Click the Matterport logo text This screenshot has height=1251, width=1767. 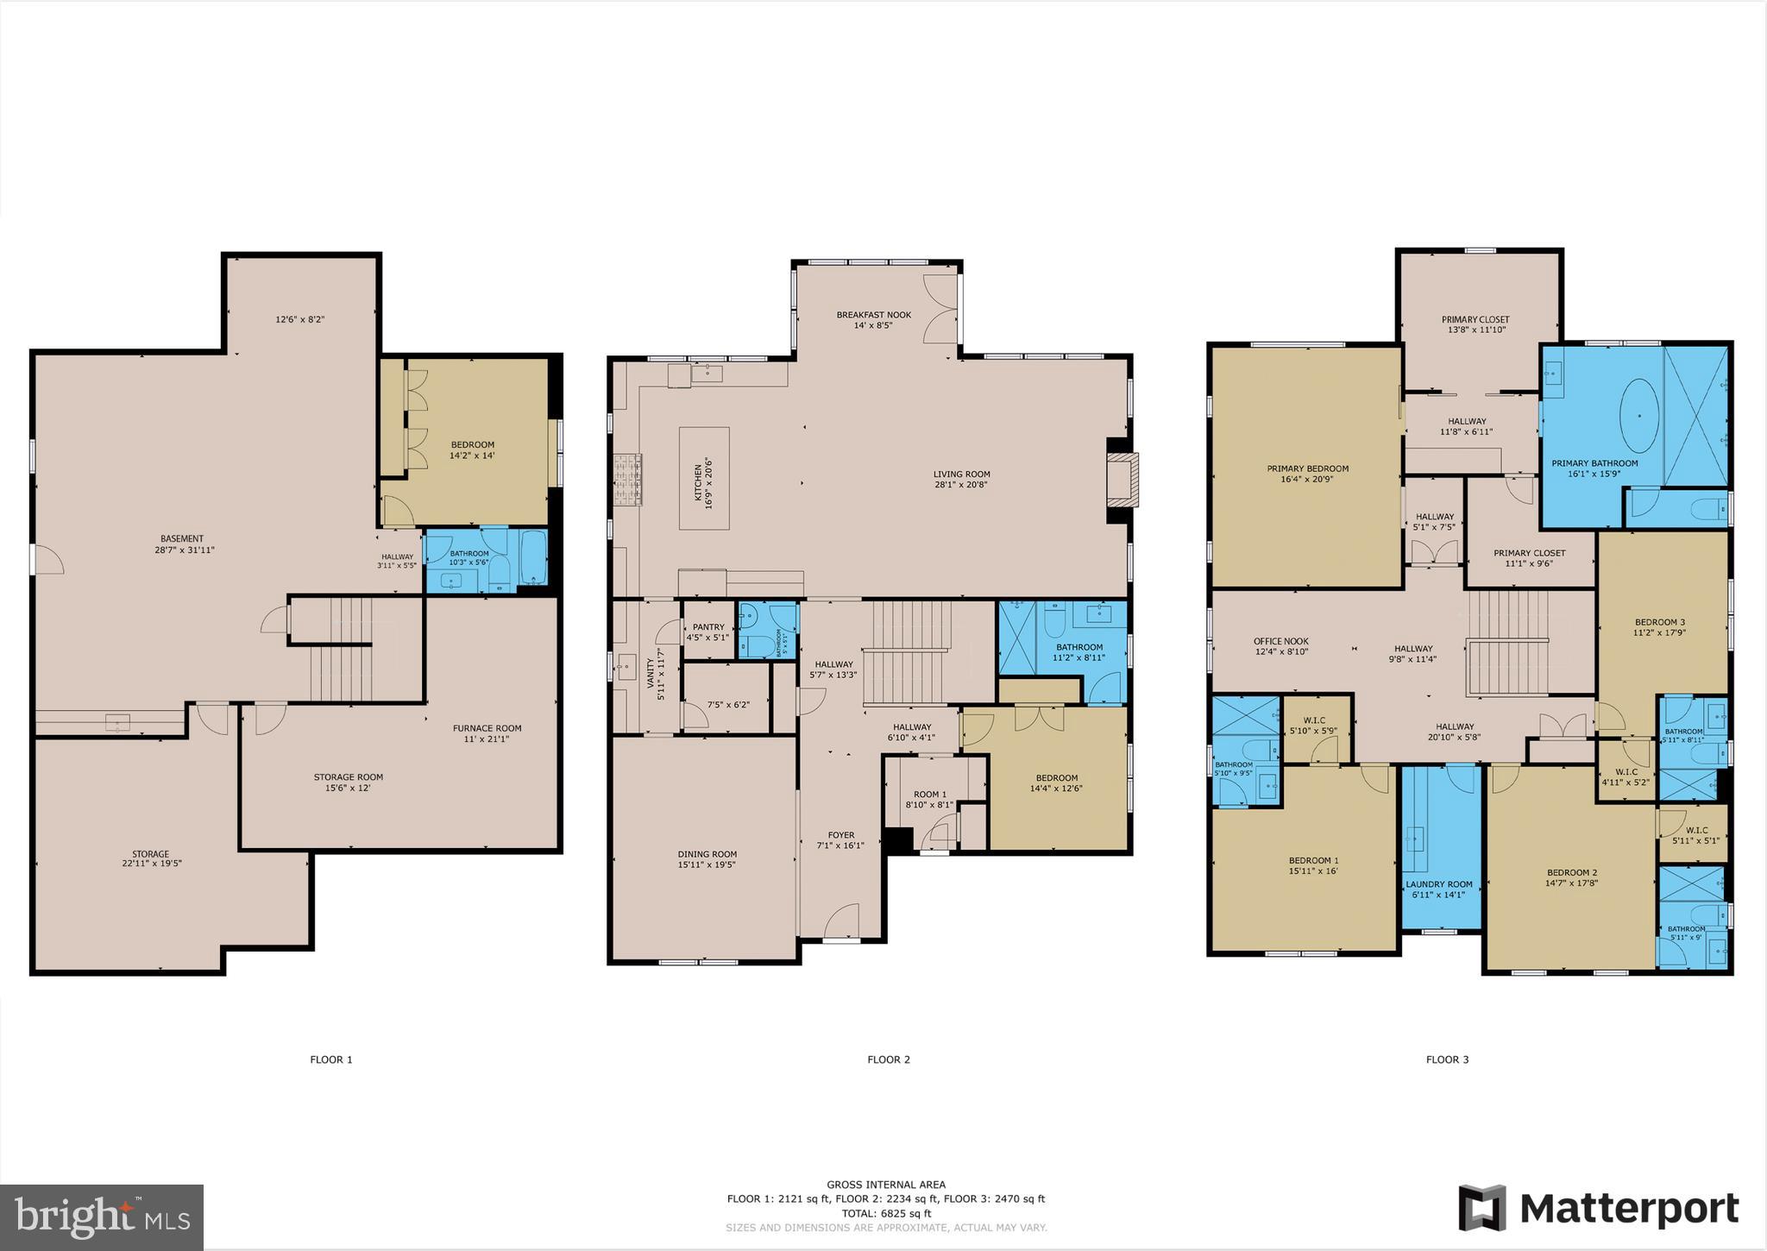click(1628, 1209)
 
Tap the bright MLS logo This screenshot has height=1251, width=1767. click(102, 1216)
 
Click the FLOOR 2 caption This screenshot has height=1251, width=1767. click(889, 1059)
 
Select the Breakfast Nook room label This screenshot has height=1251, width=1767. click(873, 315)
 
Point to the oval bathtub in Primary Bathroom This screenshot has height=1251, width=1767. click(1638, 416)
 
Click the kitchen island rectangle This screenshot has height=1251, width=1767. click(703, 478)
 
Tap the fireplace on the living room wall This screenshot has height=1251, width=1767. click(1123, 480)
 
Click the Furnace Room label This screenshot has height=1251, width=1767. click(487, 728)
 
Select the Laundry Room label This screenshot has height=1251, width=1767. click(1438, 884)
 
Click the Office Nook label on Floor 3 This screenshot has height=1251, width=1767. click(1280, 641)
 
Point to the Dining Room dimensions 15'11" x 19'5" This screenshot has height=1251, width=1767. click(707, 864)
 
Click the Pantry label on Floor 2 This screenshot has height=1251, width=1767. click(708, 627)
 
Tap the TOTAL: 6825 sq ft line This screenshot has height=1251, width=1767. click(886, 1213)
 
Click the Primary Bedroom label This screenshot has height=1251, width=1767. click(1307, 468)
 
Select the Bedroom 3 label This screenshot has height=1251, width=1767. click(1659, 622)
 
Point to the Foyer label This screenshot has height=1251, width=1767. click(840, 835)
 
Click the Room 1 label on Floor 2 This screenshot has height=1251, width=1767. click(930, 795)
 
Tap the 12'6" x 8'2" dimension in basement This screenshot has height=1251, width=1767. click(299, 319)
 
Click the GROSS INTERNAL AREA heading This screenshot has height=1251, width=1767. click(886, 1185)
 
